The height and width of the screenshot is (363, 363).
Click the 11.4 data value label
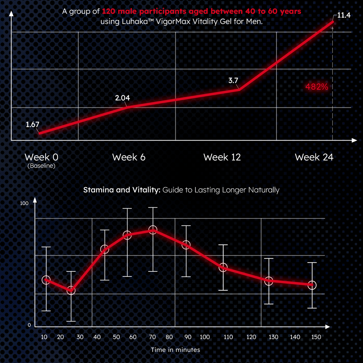tap(343, 15)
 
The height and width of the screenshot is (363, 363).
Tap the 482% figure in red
tap(317, 87)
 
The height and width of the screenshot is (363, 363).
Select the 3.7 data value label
tap(233, 81)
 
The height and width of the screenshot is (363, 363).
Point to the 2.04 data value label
tap(122, 98)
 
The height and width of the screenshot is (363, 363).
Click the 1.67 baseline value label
tap(32, 125)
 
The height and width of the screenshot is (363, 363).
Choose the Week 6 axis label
tap(129, 157)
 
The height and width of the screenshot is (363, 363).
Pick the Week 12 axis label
tap(222, 157)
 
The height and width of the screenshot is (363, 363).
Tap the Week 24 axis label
tap(314, 157)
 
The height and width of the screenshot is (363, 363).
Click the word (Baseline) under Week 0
tap(41, 166)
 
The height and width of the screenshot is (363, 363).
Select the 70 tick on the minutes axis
tap(152, 337)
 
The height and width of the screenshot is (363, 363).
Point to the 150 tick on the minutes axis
tap(316, 337)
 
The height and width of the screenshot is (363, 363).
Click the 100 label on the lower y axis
tap(24, 203)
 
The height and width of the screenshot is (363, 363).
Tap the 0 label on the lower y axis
tap(29, 325)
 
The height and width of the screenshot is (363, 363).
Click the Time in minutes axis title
tap(175, 350)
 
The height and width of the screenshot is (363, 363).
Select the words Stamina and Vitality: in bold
tap(122, 190)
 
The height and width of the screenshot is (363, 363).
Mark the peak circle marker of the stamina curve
tap(153, 230)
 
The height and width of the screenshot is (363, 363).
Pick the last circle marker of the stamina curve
tap(312, 285)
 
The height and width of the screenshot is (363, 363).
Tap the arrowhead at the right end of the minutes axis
tap(327, 327)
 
